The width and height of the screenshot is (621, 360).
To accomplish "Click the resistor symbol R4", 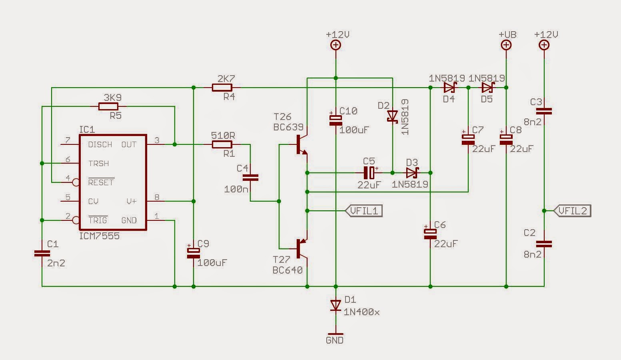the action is click(x=222, y=88).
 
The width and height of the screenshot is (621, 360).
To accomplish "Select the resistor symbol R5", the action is click(x=108, y=106).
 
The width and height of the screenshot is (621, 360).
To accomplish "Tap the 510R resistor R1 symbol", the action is click(x=222, y=144).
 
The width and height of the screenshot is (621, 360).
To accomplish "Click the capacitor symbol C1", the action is click(x=42, y=253).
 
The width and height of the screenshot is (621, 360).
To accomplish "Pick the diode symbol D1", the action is click(x=336, y=306).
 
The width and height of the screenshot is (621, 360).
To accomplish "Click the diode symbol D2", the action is click(x=393, y=116).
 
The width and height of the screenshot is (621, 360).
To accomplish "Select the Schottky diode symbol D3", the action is click(x=412, y=173).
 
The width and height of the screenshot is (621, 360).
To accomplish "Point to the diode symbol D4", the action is click(x=450, y=88).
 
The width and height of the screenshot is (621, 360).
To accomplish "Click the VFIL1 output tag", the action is click(x=364, y=211).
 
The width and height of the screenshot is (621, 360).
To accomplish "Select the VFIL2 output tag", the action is click(x=572, y=211).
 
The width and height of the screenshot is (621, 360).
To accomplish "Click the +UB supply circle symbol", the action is click(x=506, y=45).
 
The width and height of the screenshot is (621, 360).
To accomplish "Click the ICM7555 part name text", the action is click(x=99, y=236).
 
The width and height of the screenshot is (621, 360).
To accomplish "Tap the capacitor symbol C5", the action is click(x=369, y=173).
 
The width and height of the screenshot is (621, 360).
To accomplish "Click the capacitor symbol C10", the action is click(x=336, y=120).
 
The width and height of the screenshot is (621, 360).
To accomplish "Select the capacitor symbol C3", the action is click(x=544, y=111).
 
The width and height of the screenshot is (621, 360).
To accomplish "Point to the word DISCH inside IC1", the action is click(x=100, y=144).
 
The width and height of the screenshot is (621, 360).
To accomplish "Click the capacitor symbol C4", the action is click(x=250, y=178).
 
